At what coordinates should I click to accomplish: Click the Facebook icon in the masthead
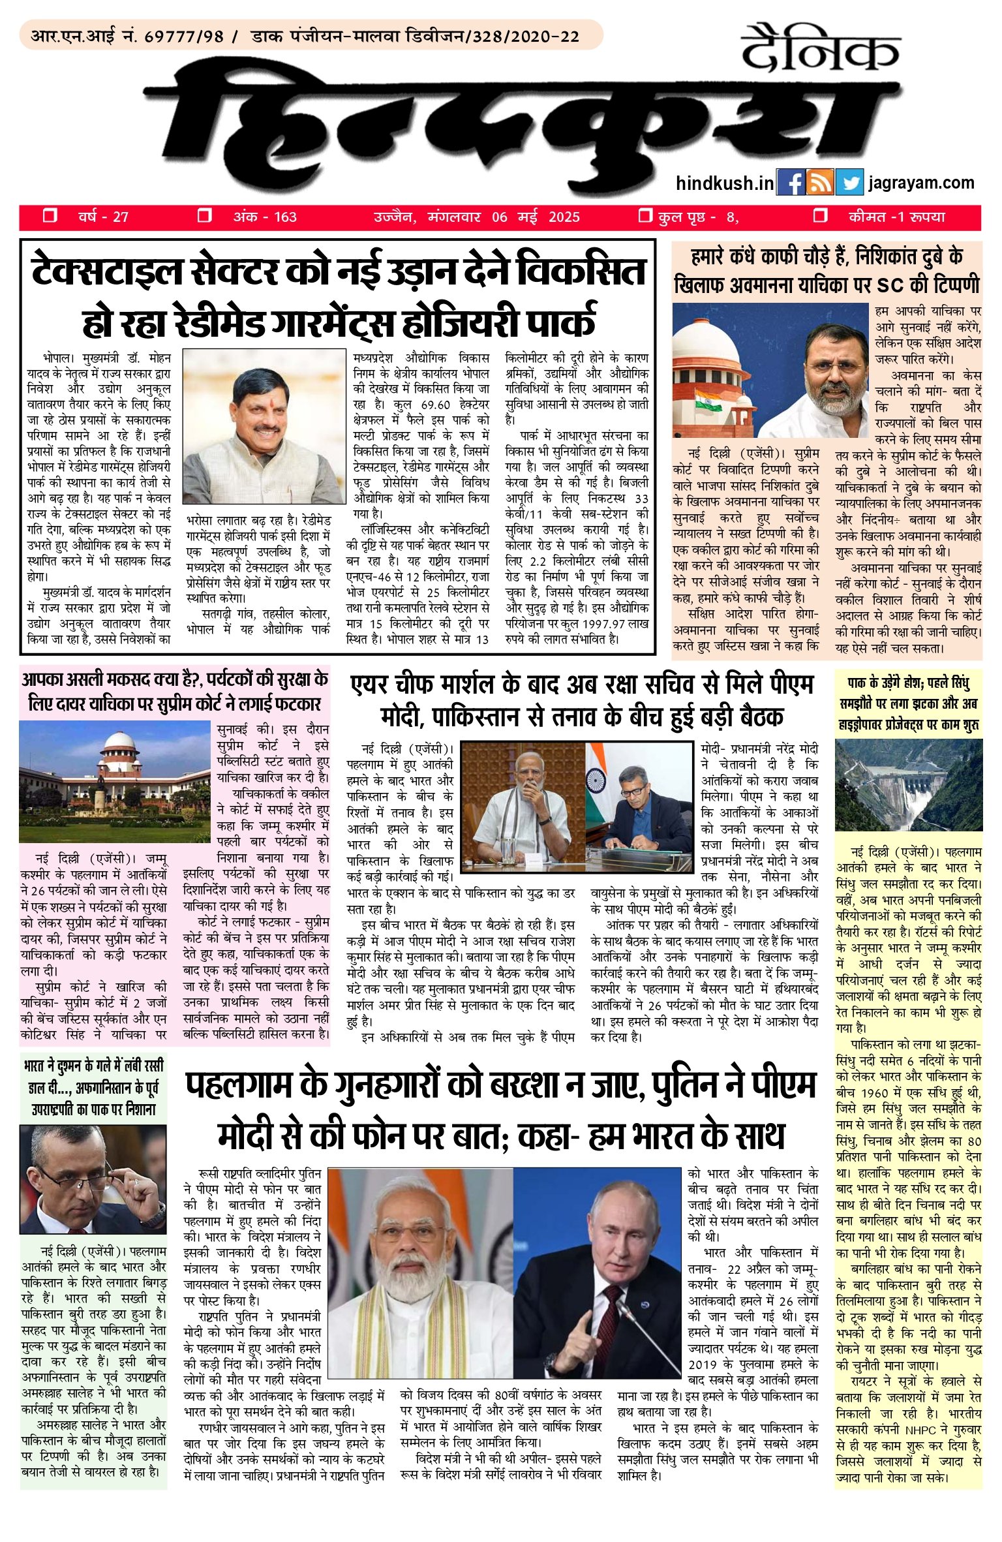click(x=791, y=183)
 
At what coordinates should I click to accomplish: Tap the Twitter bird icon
click(x=849, y=183)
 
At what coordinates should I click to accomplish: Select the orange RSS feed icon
click(x=820, y=183)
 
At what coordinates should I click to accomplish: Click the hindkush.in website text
click(x=725, y=183)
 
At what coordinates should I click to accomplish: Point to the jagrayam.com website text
click(x=921, y=183)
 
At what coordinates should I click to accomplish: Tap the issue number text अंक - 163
click(x=264, y=217)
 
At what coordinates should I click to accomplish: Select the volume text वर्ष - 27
click(x=103, y=217)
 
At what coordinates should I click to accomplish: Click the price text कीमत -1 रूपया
click(x=896, y=217)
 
